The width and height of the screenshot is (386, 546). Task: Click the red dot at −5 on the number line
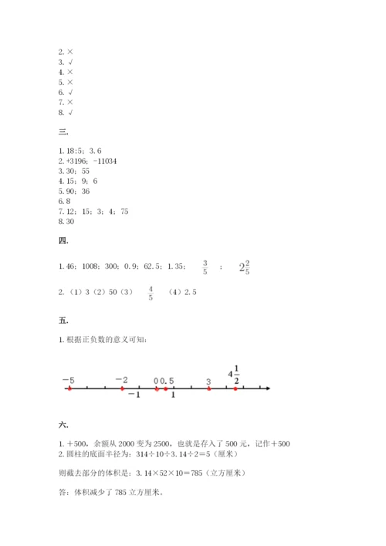coord(69,388)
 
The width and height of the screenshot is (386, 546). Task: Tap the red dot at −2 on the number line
coord(122,388)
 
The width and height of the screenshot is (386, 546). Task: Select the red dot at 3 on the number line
coord(208,388)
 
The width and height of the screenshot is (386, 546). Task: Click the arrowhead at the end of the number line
coord(268,388)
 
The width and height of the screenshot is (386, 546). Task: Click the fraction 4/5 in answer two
coord(150,293)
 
